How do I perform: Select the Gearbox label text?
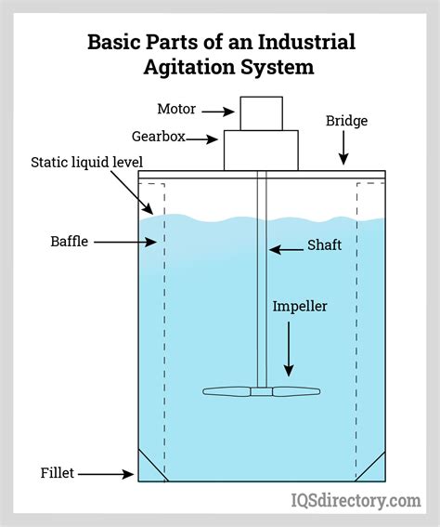[x=182, y=137]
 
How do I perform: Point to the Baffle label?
[x=70, y=242]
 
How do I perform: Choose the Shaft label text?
[x=325, y=247]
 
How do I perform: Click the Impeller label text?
[x=300, y=306]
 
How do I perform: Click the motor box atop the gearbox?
[x=262, y=113]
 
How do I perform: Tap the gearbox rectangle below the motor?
[x=262, y=151]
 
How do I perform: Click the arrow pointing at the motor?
[x=219, y=112]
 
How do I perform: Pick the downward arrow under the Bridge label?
[x=343, y=149]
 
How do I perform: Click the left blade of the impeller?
[x=226, y=391]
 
